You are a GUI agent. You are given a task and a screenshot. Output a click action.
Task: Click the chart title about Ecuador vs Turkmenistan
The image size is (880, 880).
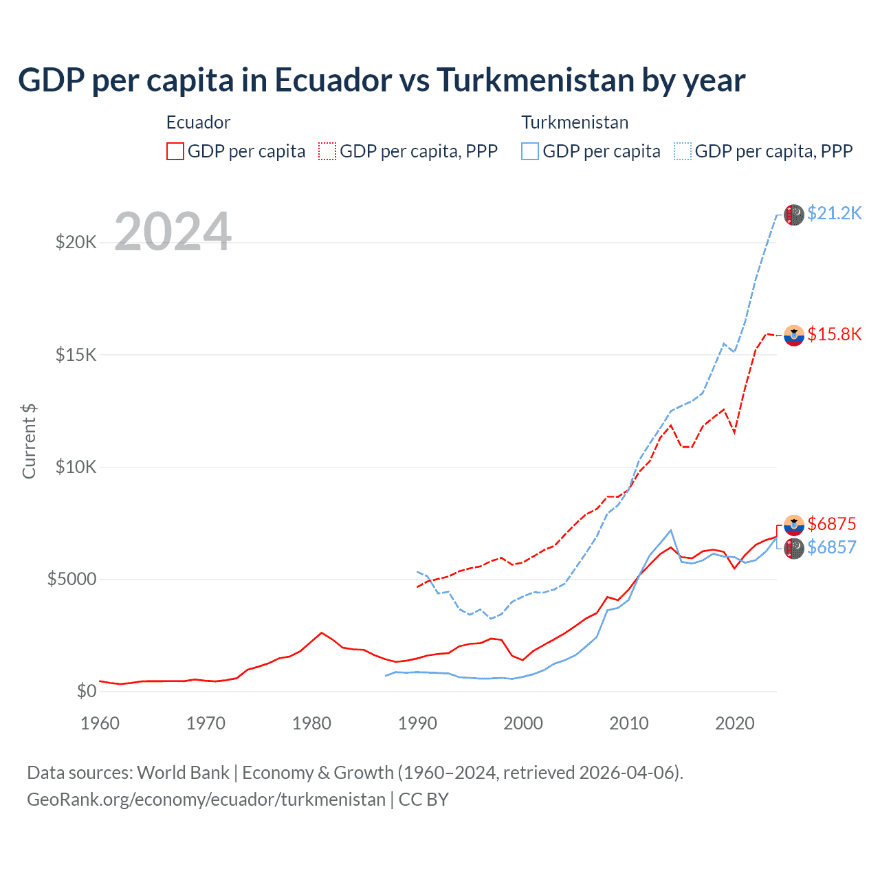(382, 80)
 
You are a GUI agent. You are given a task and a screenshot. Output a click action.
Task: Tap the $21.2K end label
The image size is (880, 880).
(834, 213)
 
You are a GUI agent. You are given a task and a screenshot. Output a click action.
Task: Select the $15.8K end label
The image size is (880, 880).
(834, 334)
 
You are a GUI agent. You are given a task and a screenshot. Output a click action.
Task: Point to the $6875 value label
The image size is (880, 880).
(831, 524)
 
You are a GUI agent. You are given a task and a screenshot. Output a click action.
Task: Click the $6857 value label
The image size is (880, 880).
(831, 547)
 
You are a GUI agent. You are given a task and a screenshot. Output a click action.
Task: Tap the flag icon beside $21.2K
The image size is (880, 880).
(794, 214)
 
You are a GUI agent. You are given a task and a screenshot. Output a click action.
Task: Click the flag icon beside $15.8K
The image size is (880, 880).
(794, 335)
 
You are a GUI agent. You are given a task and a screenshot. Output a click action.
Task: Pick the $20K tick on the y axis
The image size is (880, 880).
(76, 242)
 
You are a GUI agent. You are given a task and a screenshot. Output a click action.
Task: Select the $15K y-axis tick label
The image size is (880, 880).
(76, 355)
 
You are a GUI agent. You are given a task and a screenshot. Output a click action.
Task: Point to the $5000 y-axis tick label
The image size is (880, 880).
(71, 579)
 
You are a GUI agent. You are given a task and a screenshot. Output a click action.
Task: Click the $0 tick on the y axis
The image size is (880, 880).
(86, 691)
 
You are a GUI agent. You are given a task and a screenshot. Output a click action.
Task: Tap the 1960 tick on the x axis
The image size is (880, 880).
(100, 723)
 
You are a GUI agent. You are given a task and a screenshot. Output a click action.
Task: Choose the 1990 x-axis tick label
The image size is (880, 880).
(417, 723)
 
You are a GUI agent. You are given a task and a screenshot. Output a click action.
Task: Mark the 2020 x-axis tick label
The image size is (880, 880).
(735, 723)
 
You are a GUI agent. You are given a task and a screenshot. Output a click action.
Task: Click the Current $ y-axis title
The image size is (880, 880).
(29, 441)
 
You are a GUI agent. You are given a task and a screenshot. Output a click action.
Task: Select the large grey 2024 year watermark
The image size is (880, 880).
(173, 232)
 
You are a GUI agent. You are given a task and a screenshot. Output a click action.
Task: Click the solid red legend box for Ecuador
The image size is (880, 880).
(175, 151)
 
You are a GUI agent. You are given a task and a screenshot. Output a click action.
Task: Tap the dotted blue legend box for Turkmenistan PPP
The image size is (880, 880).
(683, 151)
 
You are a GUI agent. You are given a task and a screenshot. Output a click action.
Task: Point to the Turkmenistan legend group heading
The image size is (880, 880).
(575, 122)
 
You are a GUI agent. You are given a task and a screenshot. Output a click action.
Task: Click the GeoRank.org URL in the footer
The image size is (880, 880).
(206, 800)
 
